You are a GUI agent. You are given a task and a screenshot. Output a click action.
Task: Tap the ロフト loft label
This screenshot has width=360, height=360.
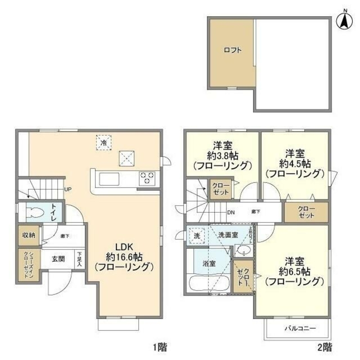coord(232,50)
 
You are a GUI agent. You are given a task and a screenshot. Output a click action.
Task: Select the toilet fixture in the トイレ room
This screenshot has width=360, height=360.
coord(35,213)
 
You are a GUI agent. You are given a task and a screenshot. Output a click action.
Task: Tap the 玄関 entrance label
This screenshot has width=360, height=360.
coord(58,259)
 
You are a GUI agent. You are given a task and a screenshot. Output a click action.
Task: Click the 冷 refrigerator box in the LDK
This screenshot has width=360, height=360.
coord(104,142)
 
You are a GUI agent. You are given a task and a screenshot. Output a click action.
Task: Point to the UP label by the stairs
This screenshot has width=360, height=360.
coord(67,189)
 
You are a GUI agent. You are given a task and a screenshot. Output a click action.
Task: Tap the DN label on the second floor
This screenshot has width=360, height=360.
coord(231,212)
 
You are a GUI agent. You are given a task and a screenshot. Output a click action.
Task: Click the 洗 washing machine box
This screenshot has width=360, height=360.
coord(197,236)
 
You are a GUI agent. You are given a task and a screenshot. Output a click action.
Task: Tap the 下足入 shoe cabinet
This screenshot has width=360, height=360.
coord(80,259)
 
